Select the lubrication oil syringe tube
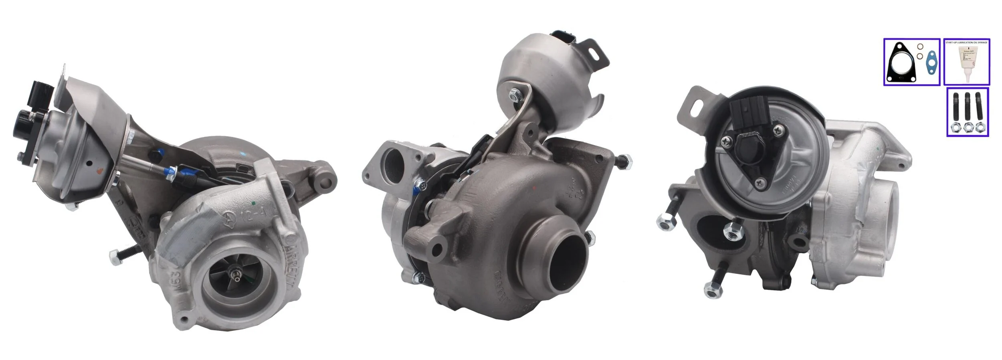[966, 66]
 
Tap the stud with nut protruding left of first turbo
[120, 253]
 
